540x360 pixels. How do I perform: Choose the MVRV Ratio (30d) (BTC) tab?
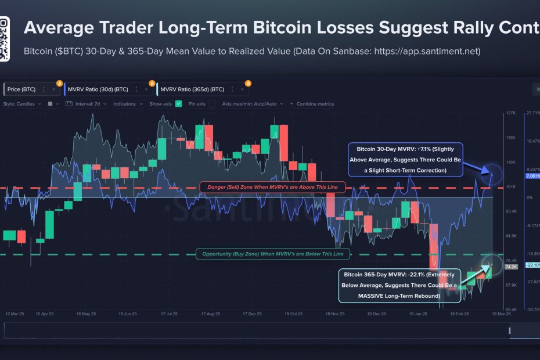pyautogui.click(x=98, y=89)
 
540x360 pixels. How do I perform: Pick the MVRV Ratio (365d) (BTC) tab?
pyautogui.click(x=192, y=89)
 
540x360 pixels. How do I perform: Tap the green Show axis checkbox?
pyautogui.click(x=179, y=104)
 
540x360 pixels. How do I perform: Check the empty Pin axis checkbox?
pyautogui.click(x=212, y=104)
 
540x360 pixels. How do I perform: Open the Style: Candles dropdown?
pyautogui.click(x=23, y=104)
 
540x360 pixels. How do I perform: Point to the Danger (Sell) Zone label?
pyautogui.click(x=272, y=187)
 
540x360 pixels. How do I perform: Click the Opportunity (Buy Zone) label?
pyautogui.click(x=272, y=254)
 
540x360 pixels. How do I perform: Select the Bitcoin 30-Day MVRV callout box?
pyautogui.click(x=405, y=159)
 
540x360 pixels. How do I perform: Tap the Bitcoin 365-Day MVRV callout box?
pyautogui.click(x=399, y=285)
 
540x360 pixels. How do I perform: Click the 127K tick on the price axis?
pyautogui.click(x=510, y=113)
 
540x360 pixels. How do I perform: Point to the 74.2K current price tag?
pyautogui.click(x=510, y=268)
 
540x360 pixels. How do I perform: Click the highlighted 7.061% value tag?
pyautogui.click(x=532, y=176)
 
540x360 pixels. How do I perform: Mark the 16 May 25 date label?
pyautogui.click(x=86, y=314)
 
